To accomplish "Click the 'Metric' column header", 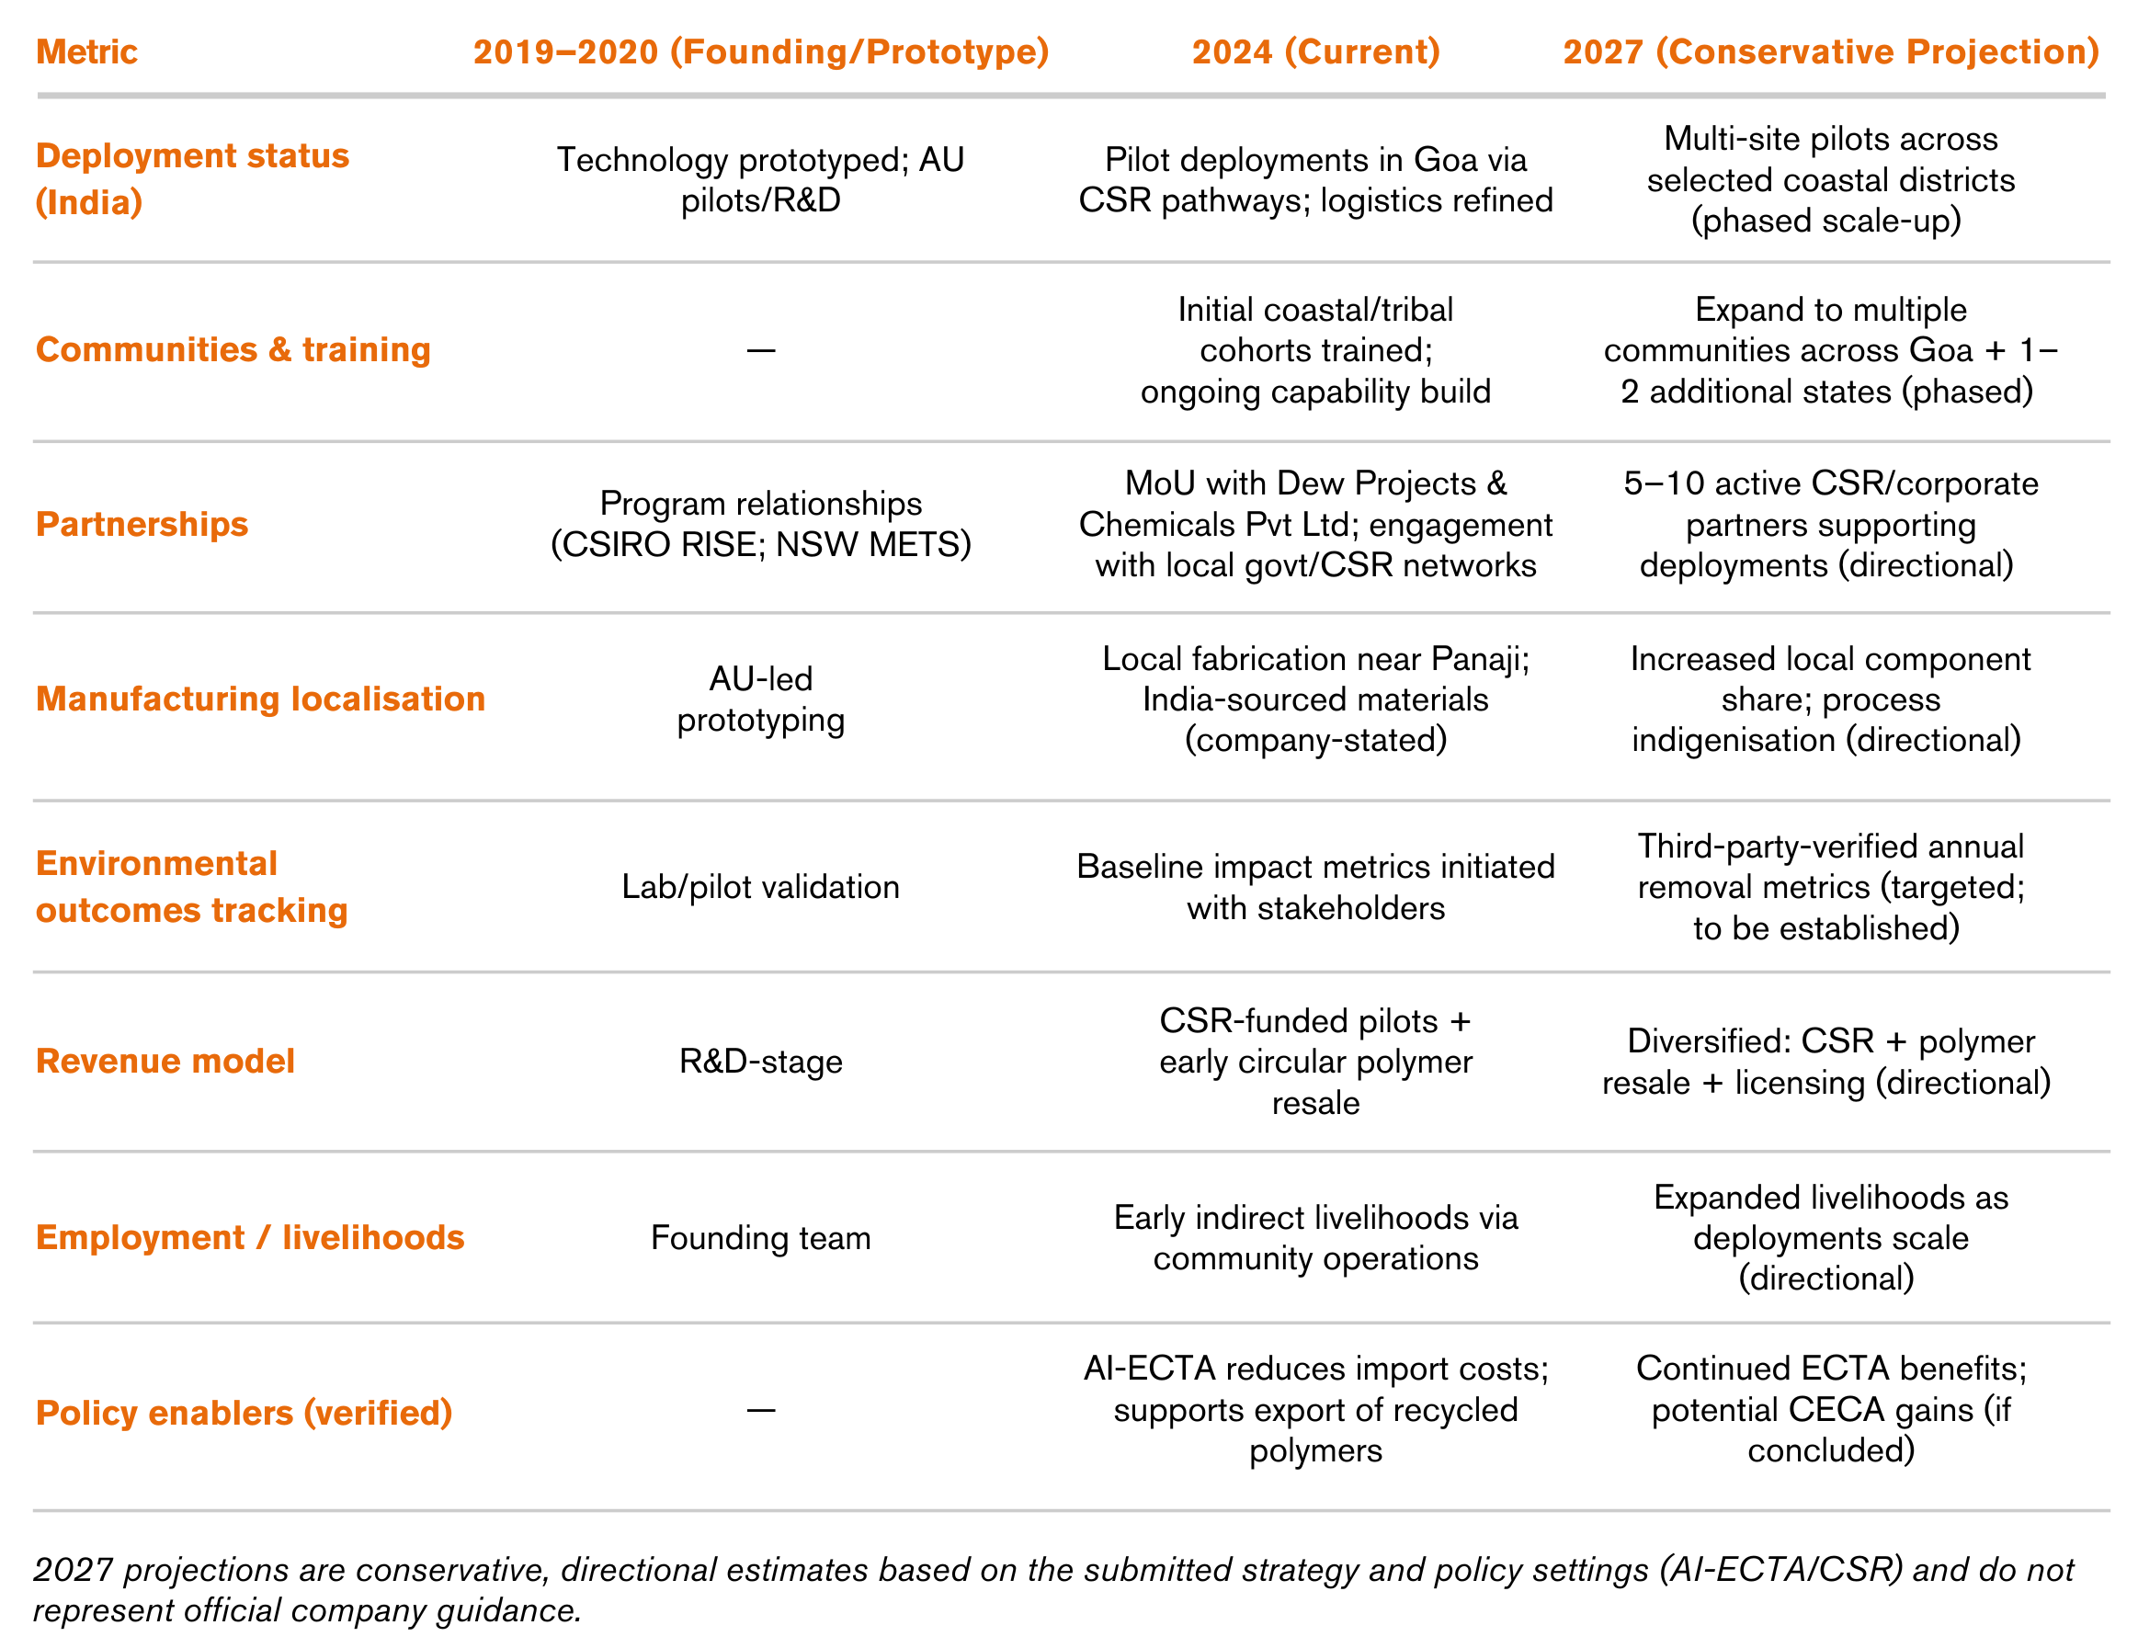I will coord(86,51).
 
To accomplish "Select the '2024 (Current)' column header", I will coord(1314,51).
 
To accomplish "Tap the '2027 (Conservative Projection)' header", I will coord(1830,51).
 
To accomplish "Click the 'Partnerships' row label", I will coord(142,525).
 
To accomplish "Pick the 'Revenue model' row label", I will coord(165,1062).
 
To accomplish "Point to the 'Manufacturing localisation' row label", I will coord(260,699).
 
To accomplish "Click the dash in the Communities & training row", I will coord(761,350).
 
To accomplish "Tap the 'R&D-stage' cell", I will coord(761,1062).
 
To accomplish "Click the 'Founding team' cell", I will coord(761,1238).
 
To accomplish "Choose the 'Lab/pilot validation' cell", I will coord(761,887).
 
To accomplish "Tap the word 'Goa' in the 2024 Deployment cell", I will coord(1446,160).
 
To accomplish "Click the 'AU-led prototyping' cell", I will coord(761,699).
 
